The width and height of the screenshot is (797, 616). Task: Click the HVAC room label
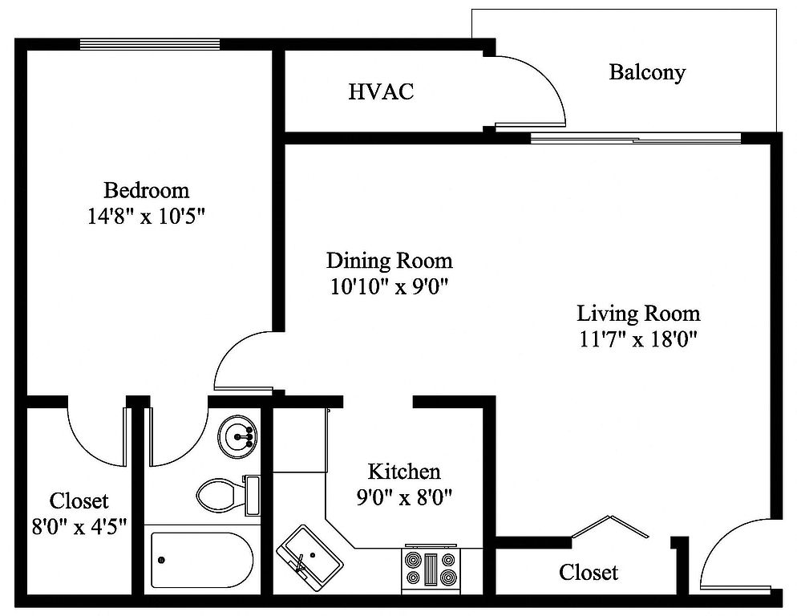click(x=381, y=92)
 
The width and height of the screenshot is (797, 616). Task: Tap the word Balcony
click(x=647, y=72)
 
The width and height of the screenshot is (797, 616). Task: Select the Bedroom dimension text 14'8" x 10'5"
click(x=147, y=217)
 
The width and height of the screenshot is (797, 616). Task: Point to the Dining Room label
click(x=390, y=261)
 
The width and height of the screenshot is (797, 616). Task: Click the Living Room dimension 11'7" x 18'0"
click(x=638, y=338)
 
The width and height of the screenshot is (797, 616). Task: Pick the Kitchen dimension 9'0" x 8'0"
click(x=404, y=497)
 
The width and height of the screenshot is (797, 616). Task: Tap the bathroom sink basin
click(x=237, y=436)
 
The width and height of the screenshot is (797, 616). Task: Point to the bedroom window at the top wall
click(x=150, y=44)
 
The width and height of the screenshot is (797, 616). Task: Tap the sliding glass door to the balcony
click(x=635, y=138)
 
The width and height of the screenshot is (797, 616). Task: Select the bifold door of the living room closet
click(x=610, y=525)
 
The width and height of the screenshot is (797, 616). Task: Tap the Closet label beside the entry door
click(x=589, y=572)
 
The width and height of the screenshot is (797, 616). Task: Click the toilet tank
click(x=252, y=496)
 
